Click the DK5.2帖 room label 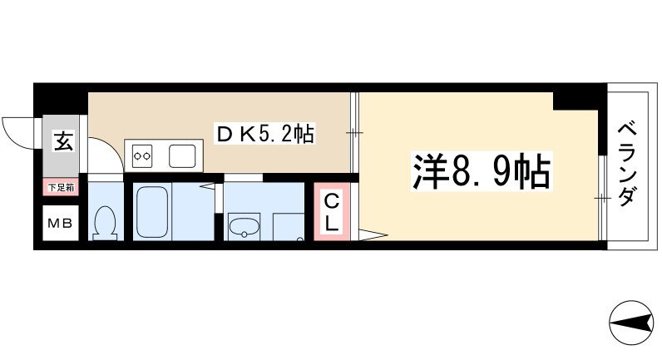[x=264, y=133]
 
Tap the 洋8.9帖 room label [x=480, y=171]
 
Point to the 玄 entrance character [x=63, y=141]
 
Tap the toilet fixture [x=105, y=222]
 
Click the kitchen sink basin [x=183, y=154]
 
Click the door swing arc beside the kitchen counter [x=103, y=154]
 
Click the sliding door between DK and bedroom [x=356, y=133]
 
